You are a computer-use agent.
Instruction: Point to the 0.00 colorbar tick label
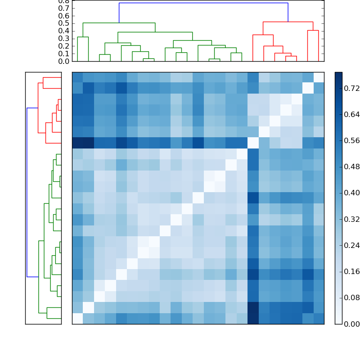(352, 324)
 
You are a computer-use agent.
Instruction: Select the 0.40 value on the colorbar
(352, 193)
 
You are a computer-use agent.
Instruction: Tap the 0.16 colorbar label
(352, 271)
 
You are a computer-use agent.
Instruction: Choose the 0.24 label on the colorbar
(352, 245)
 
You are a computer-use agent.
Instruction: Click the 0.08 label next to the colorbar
(352, 298)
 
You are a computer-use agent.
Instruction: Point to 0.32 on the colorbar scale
(352, 219)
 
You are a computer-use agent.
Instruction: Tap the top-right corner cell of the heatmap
(319, 77)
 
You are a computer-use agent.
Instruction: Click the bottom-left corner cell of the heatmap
(77, 319)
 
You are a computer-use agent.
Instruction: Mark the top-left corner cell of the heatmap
(77, 77)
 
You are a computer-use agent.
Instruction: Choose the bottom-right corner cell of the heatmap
(319, 319)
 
